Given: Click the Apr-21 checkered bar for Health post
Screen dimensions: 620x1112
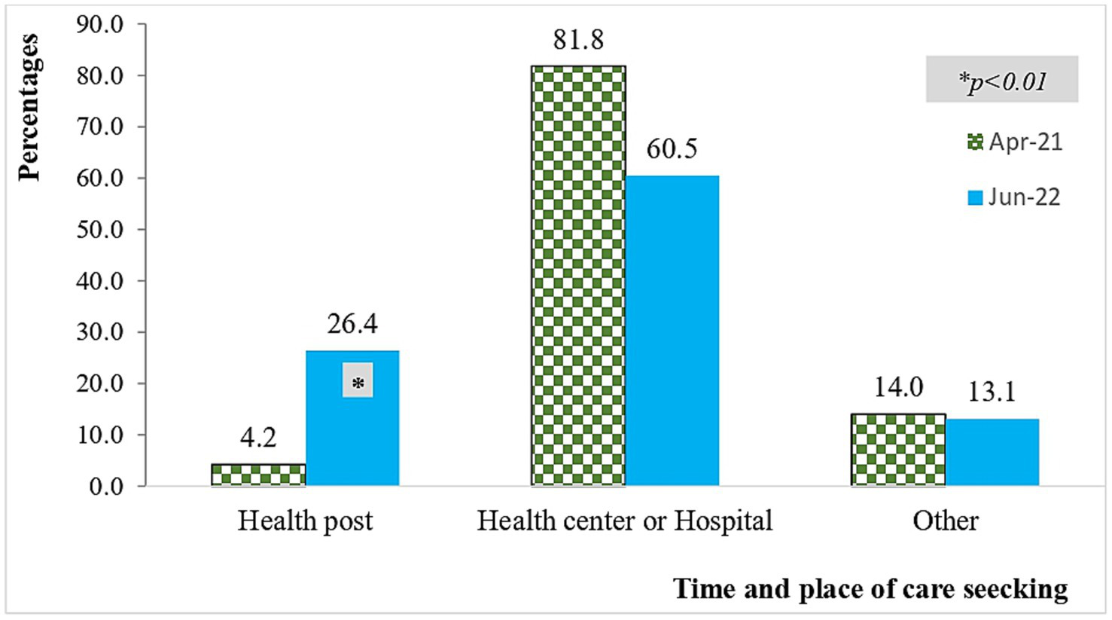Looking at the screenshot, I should (258, 475).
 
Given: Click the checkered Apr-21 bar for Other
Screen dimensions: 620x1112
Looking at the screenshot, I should (898, 450).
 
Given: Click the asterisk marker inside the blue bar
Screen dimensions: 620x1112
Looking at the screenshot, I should (358, 383).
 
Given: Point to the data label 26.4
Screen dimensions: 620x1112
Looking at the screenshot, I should (352, 324).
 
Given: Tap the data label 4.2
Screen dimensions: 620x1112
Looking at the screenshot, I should (258, 438).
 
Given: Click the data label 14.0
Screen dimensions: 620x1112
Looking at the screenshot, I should (898, 387).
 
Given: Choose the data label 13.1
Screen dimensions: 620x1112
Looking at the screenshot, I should (992, 392).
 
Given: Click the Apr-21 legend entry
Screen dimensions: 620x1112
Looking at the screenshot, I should (1015, 142).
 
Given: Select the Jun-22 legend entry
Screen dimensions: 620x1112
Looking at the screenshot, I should (1014, 197).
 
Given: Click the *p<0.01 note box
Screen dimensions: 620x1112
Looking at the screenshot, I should (1002, 80).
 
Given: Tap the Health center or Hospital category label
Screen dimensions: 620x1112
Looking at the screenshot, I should (625, 521).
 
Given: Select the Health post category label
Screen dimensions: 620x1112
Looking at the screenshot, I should (305, 521).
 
